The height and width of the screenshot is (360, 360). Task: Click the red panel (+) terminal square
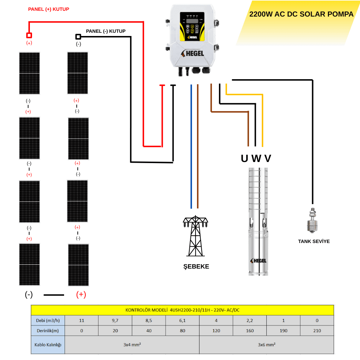29,35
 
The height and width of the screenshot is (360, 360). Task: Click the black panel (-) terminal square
78,36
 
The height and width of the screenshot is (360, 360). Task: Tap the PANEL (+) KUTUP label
49,9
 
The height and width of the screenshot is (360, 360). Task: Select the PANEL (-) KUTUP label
105,31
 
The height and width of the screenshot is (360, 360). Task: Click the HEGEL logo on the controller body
192,53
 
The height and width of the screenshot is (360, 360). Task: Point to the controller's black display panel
192,27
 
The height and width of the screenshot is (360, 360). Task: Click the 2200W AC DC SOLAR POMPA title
301,14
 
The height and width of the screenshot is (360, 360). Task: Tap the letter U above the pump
244,158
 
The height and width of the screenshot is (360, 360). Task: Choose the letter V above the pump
268,158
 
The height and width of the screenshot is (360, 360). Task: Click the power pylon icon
195,236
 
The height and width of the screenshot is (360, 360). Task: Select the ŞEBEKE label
196,266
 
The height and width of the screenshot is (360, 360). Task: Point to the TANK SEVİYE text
314,241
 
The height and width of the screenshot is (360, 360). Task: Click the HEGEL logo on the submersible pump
258,261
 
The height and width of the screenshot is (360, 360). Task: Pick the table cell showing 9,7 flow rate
115,320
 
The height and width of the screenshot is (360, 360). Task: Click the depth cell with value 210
317,330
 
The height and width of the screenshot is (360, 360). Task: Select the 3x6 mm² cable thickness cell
266,345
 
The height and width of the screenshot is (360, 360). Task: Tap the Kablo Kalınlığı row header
48,345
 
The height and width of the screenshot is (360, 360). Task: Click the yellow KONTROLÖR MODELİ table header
183,310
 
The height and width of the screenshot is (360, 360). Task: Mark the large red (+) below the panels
81,294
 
